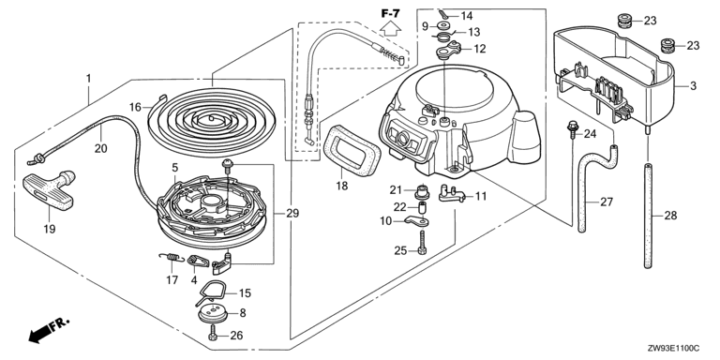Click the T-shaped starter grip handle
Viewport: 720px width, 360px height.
pyautogui.click(x=48, y=190)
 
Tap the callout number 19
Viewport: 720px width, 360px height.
pyautogui.click(x=49, y=228)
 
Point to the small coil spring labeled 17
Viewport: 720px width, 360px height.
pyautogui.click(x=172, y=258)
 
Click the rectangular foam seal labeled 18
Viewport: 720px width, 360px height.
pyautogui.click(x=352, y=148)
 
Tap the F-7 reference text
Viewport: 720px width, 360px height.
pyautogui.click(x=390, y=13)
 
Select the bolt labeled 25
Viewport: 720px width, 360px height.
pyautogui.click(x=422, y=243)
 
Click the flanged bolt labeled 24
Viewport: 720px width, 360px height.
pyautogui.click(x=572, y=129)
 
